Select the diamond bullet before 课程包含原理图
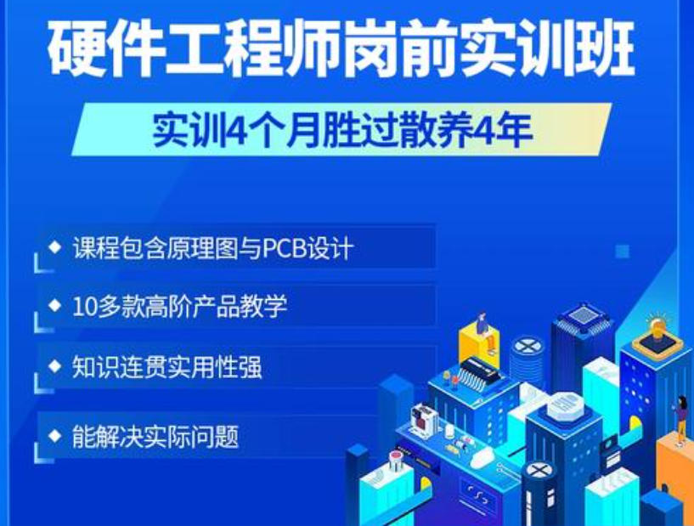coord(55,248)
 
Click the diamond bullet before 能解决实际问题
coord(55,436)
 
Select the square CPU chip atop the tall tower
coord(582,316)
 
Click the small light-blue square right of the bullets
coord(623,251)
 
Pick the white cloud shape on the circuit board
coord(482,457)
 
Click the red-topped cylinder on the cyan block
coord(396,460)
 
